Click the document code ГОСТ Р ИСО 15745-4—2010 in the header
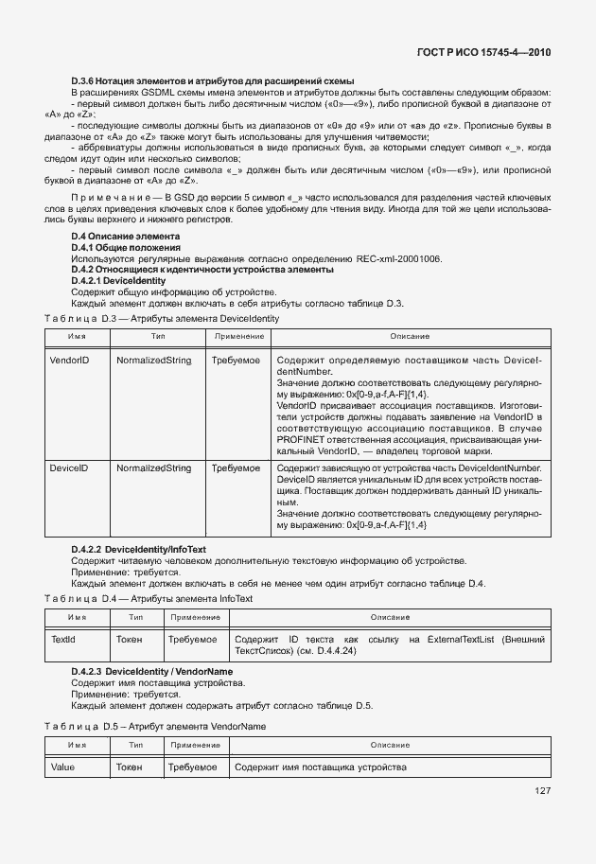pos(483,53)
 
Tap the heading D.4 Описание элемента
pos(125,235)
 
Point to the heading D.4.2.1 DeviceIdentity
pos(119,281)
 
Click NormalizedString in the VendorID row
pos(153,361)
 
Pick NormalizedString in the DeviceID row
pos(153,467)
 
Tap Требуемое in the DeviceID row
pos(236,467)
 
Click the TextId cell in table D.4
pos(62,640)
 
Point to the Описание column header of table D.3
pos(410,336)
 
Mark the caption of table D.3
pos(162,319)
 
